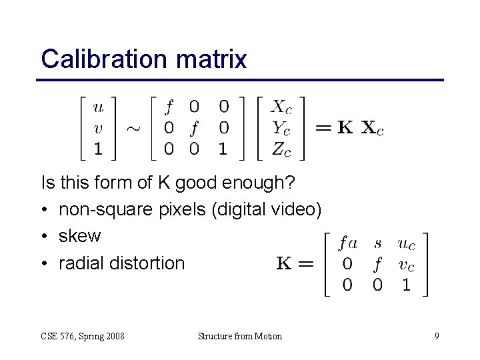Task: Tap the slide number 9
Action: (x=437, y=336)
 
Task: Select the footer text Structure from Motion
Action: (x=240, y=336)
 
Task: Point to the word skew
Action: (x=80, y=236)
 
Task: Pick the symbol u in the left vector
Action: (x=99, y=107)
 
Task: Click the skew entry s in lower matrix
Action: (x=379, y=244)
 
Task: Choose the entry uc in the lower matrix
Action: (x=406, y=244)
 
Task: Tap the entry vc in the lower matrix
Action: (x=406, y=265)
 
